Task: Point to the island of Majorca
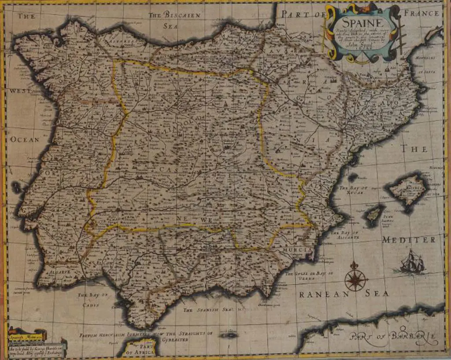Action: [408, 188]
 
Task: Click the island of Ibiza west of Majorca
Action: [374, 215]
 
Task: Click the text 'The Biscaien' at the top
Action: [174, 15]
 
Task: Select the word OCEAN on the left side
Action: [25, 139]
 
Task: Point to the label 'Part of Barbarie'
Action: [394, 337]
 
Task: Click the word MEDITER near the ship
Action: [409, 240]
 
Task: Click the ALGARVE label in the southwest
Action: [59, 272]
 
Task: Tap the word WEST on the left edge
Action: [19, 91]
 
